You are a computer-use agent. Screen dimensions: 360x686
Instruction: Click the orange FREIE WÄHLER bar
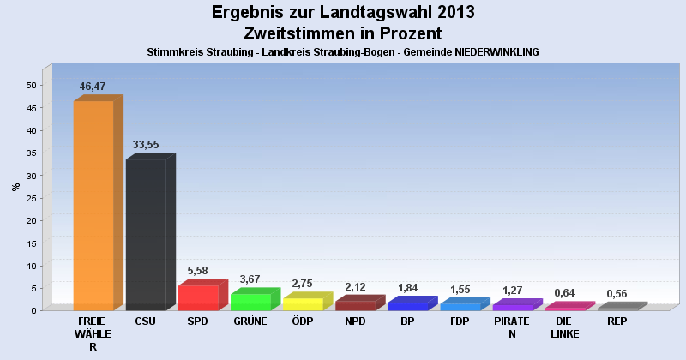tap(93, 206)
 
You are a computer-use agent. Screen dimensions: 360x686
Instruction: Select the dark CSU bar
tap(145, 234)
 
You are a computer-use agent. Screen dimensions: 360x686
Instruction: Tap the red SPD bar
tap(197, 297)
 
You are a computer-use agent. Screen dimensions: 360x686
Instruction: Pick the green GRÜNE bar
tap(250, 302)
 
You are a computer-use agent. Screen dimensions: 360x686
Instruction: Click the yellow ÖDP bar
tap(303, 303)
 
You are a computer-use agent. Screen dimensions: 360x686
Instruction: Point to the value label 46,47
tap(93, 87)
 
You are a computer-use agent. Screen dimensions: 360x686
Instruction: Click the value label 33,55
tap(145, 145)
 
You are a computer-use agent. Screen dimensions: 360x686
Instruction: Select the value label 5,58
tap(198, 270)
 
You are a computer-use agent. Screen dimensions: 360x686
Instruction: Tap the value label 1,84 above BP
tap(408, 287)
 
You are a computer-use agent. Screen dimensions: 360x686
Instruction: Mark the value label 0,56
tap(617, 293)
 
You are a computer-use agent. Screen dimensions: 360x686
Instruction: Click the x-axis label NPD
tap(355, 321)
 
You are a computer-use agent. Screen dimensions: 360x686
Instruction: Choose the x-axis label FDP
tap(460, 321)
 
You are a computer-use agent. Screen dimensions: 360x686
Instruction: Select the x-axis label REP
tap(617, 321)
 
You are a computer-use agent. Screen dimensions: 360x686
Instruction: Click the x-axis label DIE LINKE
tap(564, 327)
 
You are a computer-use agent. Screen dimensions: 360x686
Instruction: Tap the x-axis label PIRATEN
tap(512, 327)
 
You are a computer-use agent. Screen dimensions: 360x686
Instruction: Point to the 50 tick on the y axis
tap(31, 85)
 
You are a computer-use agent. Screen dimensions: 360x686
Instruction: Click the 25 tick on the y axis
tap(31, 198)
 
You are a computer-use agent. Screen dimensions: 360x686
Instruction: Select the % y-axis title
tap(15, 187)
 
